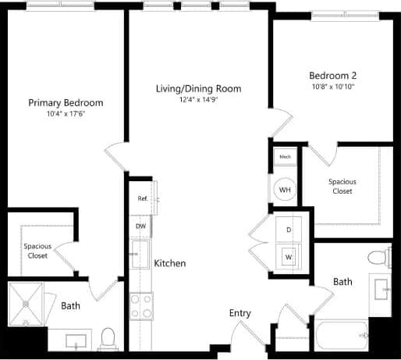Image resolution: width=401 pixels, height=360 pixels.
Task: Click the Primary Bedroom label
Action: point(66,103)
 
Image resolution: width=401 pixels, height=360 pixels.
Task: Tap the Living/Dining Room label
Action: point(198,88)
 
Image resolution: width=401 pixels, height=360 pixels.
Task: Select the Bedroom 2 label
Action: point(333,76)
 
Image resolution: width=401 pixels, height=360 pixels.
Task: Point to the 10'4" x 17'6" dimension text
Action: point(66,115)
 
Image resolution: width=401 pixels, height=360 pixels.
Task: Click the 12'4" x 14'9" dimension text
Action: point(198,100)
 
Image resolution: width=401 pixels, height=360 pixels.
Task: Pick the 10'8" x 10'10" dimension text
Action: point(333,87)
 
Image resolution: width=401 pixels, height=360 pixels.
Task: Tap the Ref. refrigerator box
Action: point(143,199)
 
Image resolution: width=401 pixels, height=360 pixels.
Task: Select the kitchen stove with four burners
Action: point(141,306)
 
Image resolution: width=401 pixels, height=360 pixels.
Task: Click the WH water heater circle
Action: point(285,190)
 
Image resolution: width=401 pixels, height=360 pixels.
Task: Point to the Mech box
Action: point(285,158)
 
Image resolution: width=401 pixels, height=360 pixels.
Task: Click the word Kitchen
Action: point(169,264)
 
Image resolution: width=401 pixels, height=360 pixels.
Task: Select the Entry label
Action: point(240,313)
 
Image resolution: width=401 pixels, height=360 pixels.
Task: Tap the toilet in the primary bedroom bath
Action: point(109,337)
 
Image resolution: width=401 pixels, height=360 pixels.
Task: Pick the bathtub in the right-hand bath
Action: point(342,337)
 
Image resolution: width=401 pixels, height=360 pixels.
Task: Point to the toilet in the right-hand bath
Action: point(378,256)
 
